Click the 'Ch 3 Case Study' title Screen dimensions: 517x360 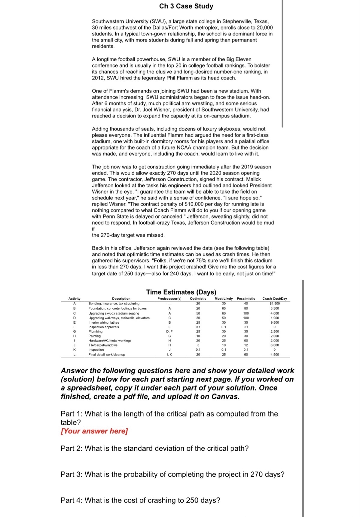pyautogui.click(x=186, y=6)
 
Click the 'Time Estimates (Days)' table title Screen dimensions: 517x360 pyautogui.click(x=181, y=292)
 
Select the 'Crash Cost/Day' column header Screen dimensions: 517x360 pyautogui.click(x=274, y=298)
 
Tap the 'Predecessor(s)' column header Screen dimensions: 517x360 pyautogui.click(x=169, y=298)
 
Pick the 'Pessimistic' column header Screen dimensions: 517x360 pyautogui.click(x=246, y=298)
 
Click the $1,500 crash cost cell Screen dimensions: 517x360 pyautogui.click(x=274, y=304)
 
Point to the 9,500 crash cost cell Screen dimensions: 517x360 pyautogui.click(x=274, y=322)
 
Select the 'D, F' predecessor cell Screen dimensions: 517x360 pyautogui.click(x=169, y=331)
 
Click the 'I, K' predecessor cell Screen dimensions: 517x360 pyautogui.click(x=169, y=355)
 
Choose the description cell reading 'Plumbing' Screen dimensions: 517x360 pyautogui.click(x=95, y=331)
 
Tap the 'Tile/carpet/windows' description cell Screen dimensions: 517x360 pyautogui.click(x=103, y=345)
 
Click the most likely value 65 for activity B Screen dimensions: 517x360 pyautogui.click(x=224, y=308)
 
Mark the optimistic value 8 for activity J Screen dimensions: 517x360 pyautogui.click(x=198, y=345)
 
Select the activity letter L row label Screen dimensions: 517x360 pyautogui.click(x=74, y=355)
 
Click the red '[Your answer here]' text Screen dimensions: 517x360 pyautogui.click(x=94, y=431)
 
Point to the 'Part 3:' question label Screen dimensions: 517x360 pyautogui.click(x=72, y=474)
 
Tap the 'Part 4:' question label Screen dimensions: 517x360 pyautogui.click(x=72, y=500)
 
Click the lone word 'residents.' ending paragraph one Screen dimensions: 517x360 pyautogui.click(x=103, y=47)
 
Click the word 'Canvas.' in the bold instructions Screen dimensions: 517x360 pyautogui.click(x=225, y=397)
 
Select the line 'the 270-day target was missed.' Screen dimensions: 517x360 pyautogui.click(x=128, y=235)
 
